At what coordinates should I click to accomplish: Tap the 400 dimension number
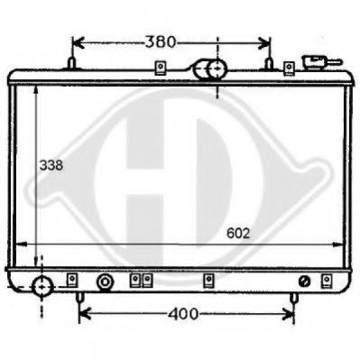pyautogui.click(x=183, y=315)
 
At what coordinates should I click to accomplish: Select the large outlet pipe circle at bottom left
pyautogui.click(x=42, y=288)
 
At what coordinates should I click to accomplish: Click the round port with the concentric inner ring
pyautogui.click(x=106, y=282)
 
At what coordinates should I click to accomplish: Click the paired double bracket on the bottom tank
pyautogui.click(x=139, y=280)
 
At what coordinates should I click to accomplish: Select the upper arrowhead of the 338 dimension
pyautogui.click(x=35, y=90)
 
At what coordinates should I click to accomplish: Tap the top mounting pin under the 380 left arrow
pyautogui.click(x=71, y=64)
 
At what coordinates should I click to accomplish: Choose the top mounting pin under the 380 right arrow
pyautogui.click(x=269, y=64)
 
